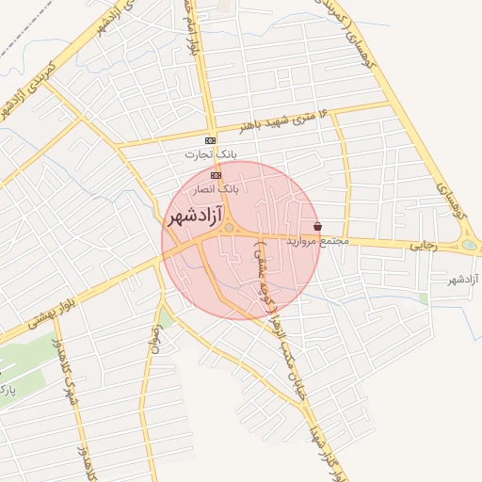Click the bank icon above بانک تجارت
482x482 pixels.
210,140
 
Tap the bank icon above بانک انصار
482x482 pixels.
217,175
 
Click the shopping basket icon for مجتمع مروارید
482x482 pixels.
317,227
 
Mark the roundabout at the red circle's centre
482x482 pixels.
228,227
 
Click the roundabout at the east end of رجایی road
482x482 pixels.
469,246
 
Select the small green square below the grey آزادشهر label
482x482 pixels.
424,298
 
